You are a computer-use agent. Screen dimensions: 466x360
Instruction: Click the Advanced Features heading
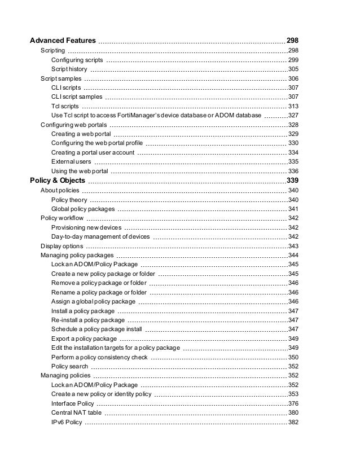click(x=62, y=41)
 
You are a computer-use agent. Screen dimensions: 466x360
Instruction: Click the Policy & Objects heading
click(x=58, y=181)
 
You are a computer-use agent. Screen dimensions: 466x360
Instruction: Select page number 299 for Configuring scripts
click(x=293, y=60)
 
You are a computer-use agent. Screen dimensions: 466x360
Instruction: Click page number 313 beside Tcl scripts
click(x=293, y=106)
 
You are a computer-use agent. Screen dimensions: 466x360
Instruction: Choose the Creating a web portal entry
click(x=81, y=134)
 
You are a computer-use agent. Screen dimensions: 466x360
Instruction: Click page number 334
click(x=293, y=152)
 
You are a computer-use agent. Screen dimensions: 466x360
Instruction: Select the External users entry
click(x=71, y=162)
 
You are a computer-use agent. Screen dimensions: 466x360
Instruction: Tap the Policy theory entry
click(x=69, y=200)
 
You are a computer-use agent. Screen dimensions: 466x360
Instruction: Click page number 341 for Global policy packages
click(x=293, y=209)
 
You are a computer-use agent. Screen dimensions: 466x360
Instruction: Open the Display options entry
click(x=62, y=247)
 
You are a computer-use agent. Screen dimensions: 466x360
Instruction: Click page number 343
click(x=293, y=247)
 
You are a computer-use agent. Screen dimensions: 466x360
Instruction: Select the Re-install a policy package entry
click(x=87, y=320)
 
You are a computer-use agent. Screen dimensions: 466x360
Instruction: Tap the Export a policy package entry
click(x=84, y=338)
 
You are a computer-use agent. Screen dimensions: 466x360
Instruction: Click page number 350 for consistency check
click(x=293, y=357)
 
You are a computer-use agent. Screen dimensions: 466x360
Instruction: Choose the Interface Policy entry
click(x=72, y=404)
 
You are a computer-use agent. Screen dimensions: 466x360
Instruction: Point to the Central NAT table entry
click(x=76, y=413)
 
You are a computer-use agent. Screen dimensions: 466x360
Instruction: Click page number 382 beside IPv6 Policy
click(x=293, y=423)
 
